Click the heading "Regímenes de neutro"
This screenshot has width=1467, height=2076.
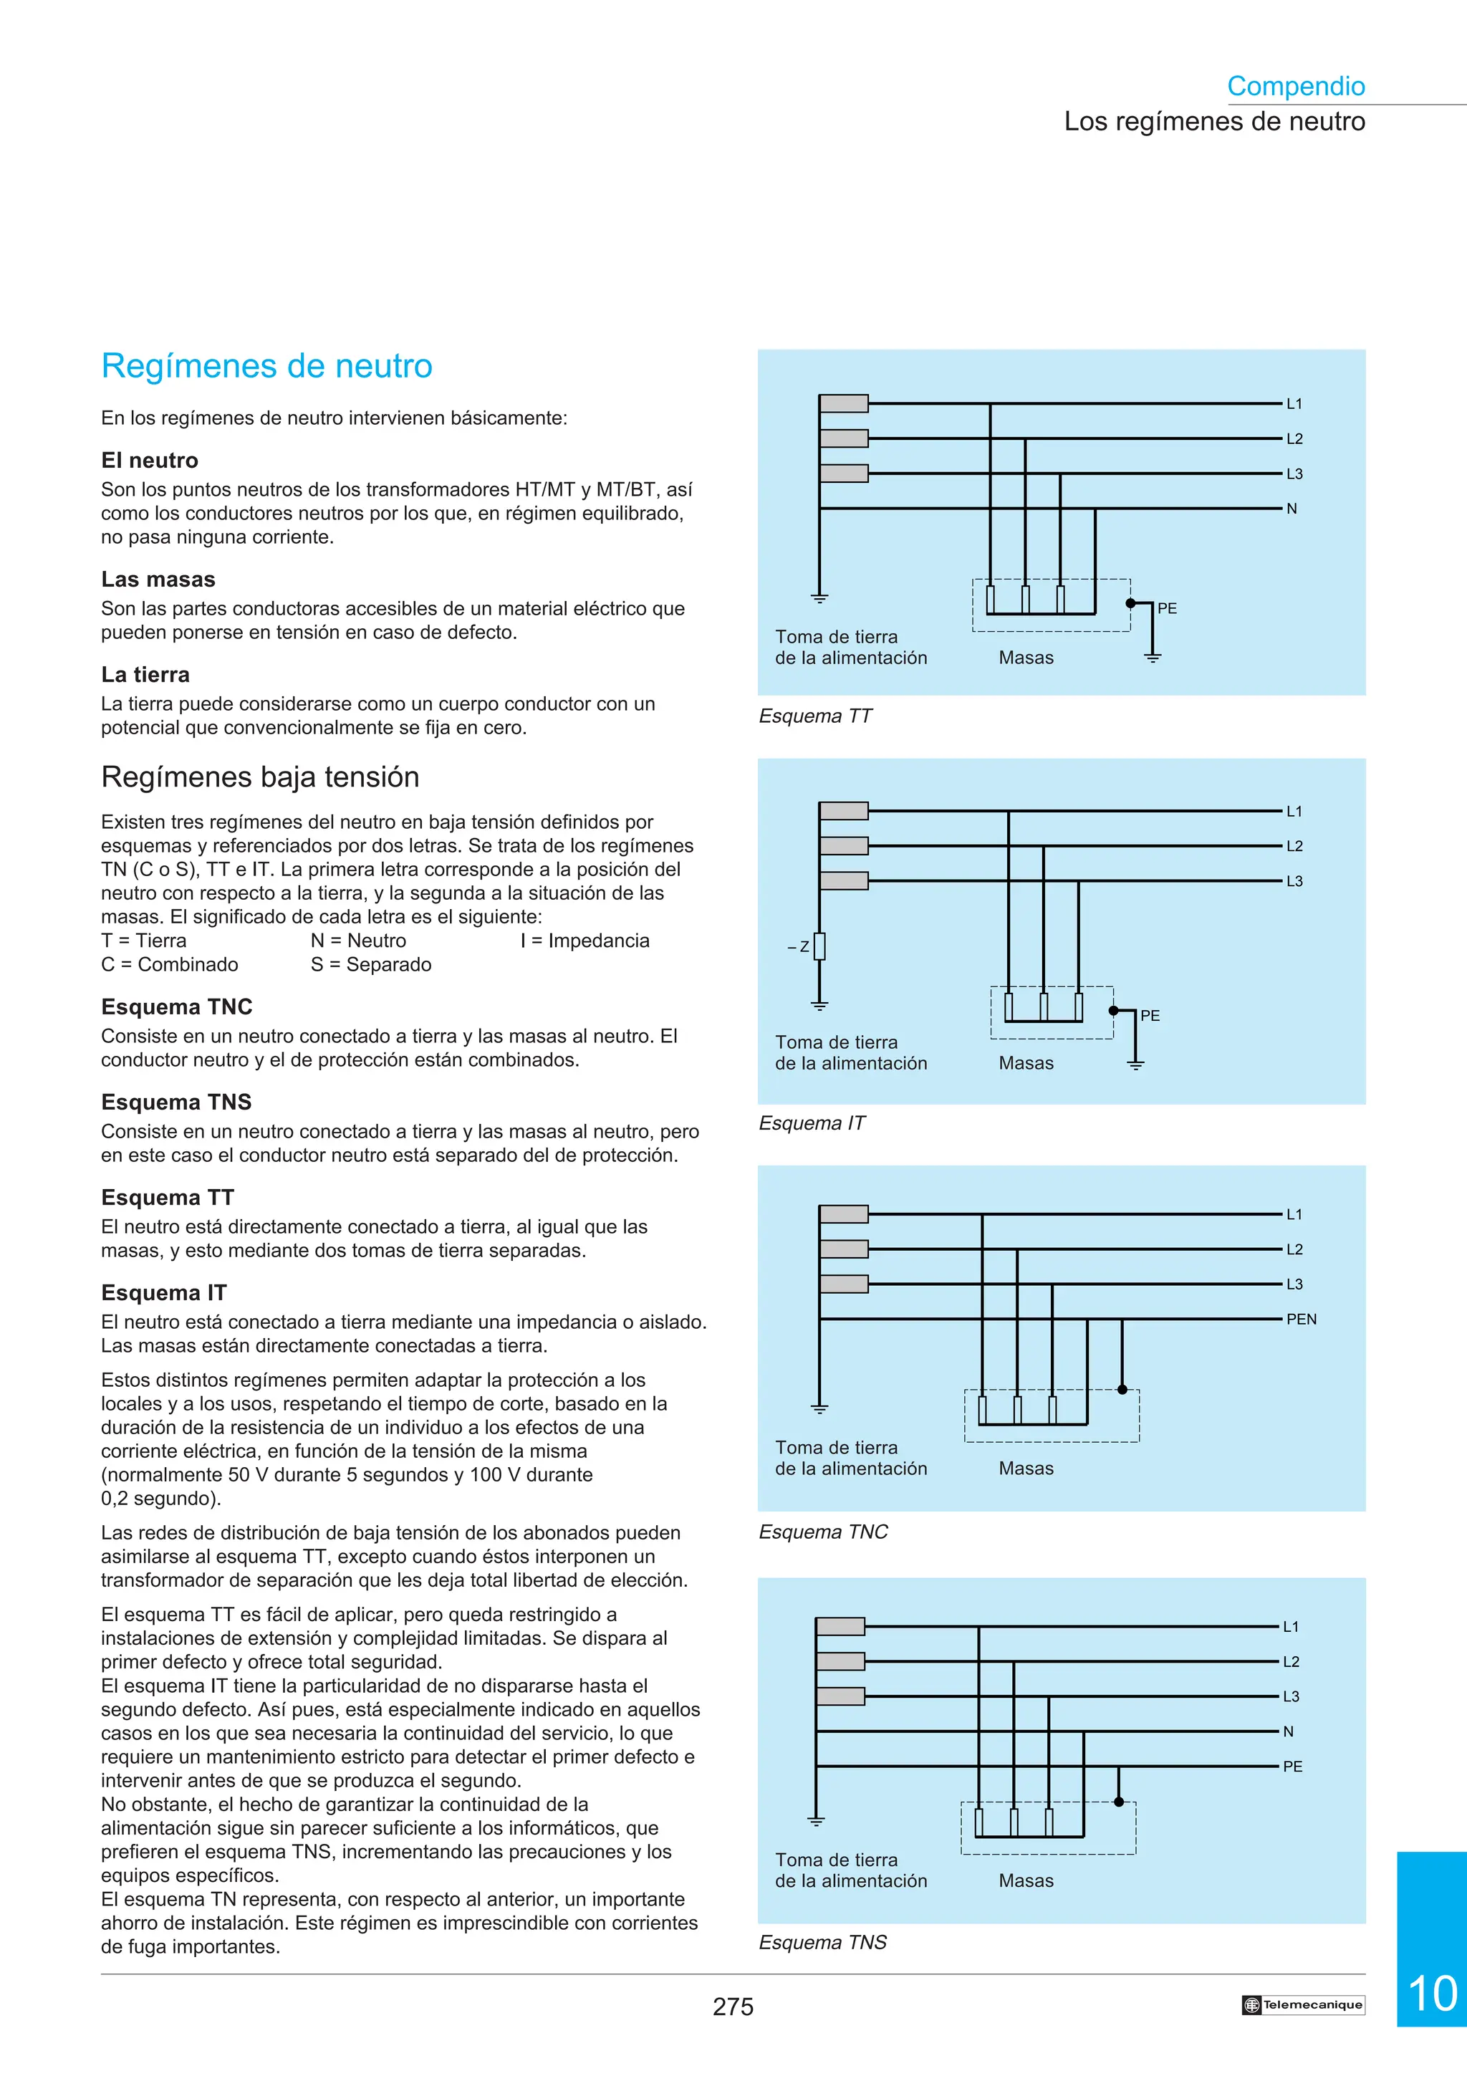pos(266,366)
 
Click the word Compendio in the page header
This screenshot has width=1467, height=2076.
pos(1295,86)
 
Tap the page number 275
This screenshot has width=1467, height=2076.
pos(732,2007)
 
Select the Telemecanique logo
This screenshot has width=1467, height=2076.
pos(1302,2004)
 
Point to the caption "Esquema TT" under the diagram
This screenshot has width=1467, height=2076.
pos(815,716)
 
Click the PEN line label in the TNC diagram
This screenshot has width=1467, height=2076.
pos(1301,1320)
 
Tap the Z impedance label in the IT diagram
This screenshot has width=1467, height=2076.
pos(804,947)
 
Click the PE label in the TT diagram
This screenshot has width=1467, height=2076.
pos(1167,608)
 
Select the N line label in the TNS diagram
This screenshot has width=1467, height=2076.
pos(1288,1731)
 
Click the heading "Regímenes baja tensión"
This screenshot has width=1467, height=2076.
pos(260,777)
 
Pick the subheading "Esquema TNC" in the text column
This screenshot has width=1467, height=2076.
pos(177,1007)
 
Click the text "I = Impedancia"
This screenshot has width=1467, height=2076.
pos(585,941)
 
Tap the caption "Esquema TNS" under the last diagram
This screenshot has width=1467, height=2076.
pos(822,1942)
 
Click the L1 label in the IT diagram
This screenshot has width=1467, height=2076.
pos(1294,811)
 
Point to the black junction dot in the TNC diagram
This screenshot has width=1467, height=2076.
pos(1122,1390)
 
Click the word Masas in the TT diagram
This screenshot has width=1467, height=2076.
pos(1026,658)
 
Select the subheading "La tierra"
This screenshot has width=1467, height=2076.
pos(145,675)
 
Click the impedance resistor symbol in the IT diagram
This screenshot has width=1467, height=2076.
pos(819,946)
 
